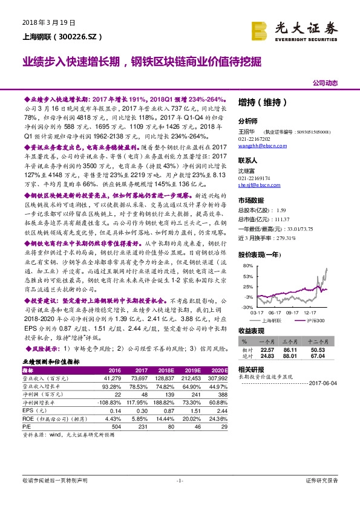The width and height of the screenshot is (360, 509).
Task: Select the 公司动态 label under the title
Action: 325,82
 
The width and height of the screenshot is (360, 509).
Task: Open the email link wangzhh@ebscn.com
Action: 263,145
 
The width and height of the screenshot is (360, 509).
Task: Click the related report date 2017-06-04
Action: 325,383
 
